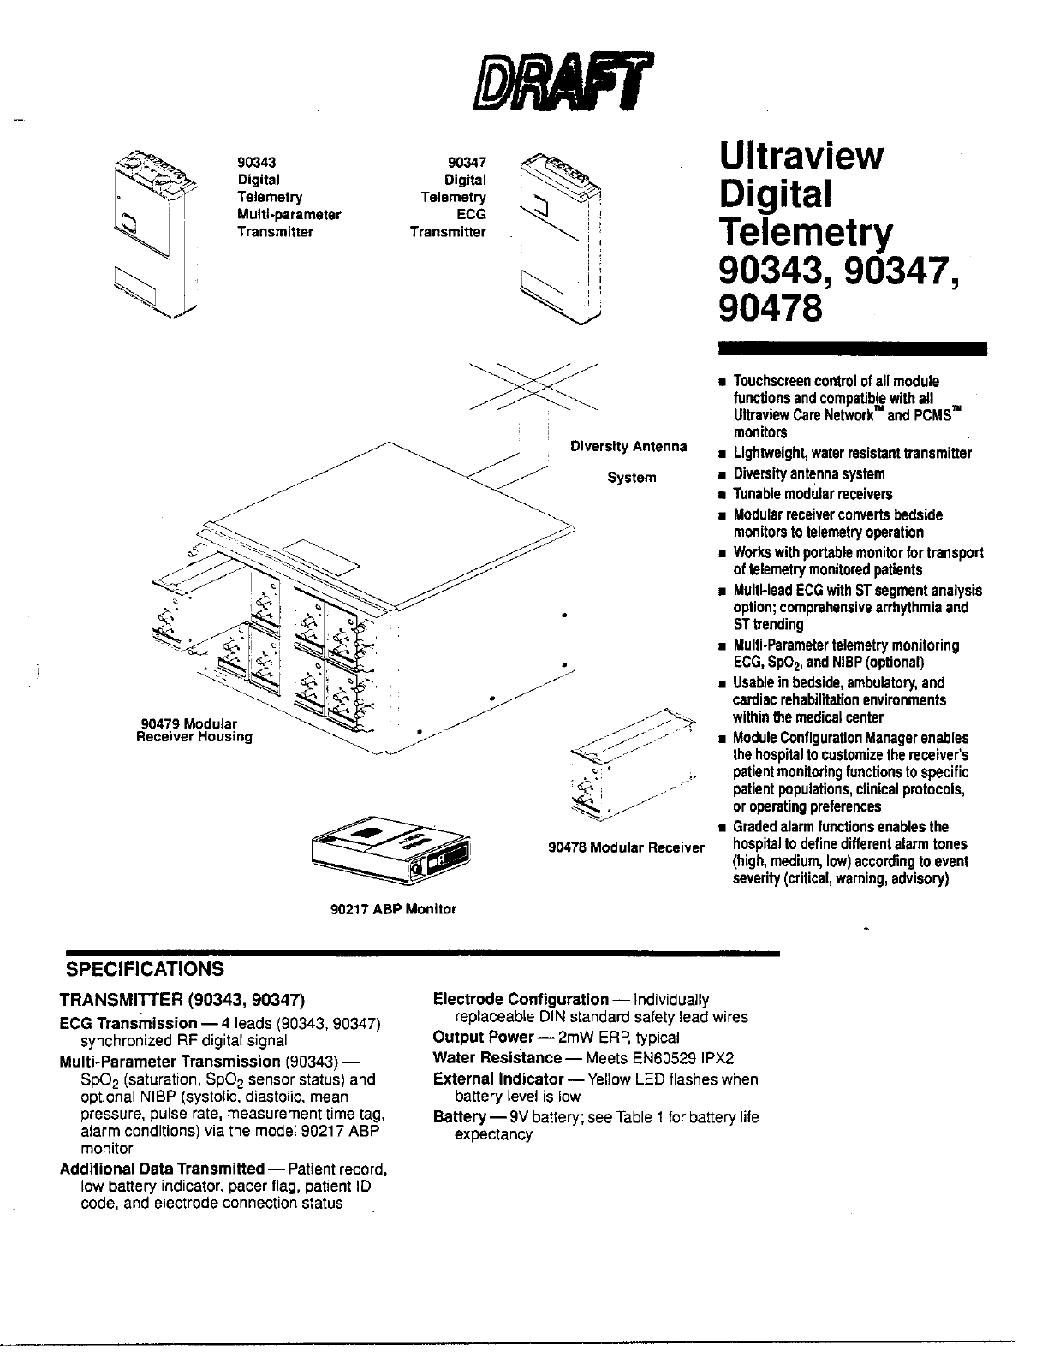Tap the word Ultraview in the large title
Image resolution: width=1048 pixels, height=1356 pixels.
pyautogui.click(x=801, y=156)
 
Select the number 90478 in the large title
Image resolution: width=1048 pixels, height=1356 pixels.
pyautogui.click(x=771, y=306)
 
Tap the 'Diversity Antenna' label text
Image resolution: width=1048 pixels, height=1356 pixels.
pyautogui.click(x=628, y=446)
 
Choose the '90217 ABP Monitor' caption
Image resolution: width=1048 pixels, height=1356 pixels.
pyautogui.click(x=394, y=909)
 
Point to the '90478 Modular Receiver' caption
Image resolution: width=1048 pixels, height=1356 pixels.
pyautogui.click(x=626, y=847)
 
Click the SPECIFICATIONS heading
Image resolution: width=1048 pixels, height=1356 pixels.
pyautogui.click(x=146, y=969)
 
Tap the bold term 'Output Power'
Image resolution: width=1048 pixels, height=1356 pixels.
pyautogui.click(x=483, y=1037)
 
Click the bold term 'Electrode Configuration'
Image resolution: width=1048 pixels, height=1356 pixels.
pyautogui.click(x=521, y=999)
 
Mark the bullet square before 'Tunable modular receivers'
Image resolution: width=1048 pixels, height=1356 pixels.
pyautogui.click(x=723, y=495)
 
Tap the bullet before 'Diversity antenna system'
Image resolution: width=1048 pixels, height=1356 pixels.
pyautogui.click(x=723, y=474)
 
